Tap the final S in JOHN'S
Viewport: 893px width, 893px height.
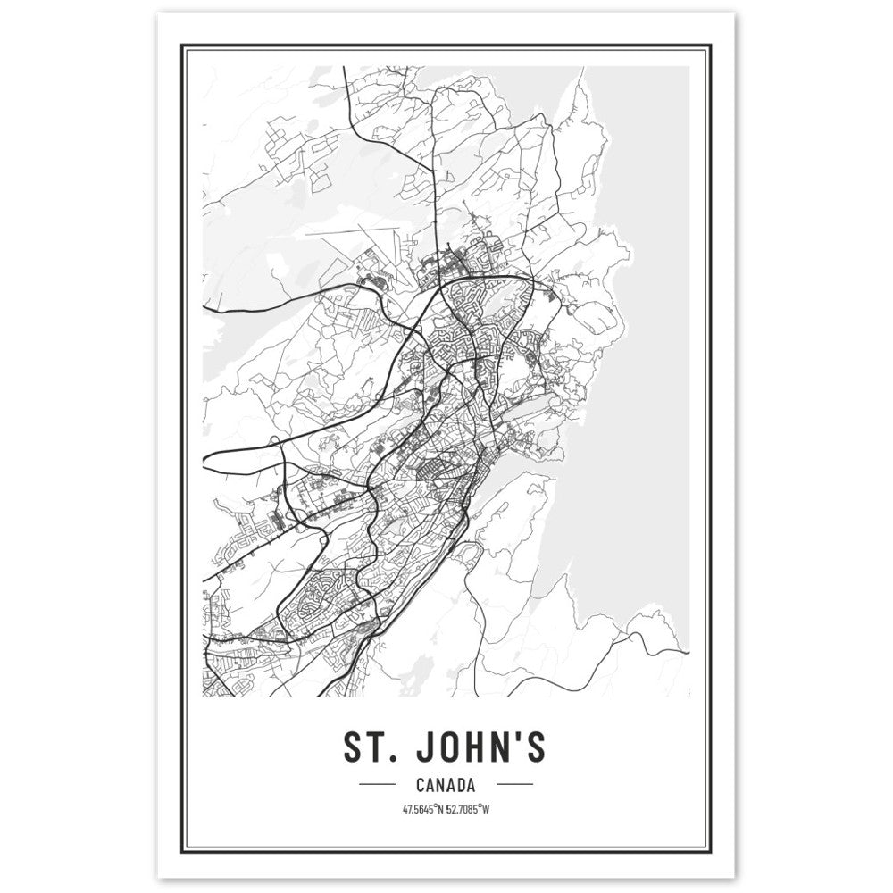tap(534, 748)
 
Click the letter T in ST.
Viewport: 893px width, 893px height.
tap(376, 748)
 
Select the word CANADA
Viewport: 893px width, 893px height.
tap(445, 785)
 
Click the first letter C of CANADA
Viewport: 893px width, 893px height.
tap(421, 785)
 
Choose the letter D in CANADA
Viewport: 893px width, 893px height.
tap(459, 785)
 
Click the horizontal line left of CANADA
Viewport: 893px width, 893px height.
tap(376, 785)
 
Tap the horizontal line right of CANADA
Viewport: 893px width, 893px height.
tap(514, 785)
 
